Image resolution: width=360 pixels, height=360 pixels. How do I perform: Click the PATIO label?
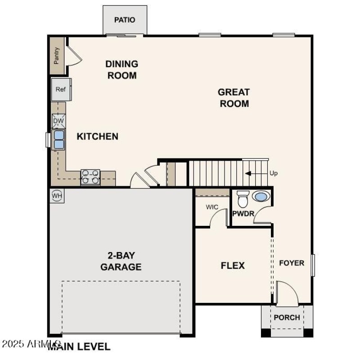(125, 20)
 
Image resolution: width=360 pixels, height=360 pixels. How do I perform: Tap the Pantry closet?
(57, 56)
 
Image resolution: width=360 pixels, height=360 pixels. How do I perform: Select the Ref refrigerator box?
(60, 89)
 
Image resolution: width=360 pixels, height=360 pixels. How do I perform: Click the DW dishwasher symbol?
(58, 121)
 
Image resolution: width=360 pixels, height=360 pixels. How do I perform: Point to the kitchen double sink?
(59, 139)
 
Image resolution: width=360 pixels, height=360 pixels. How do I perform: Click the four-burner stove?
(90, 177)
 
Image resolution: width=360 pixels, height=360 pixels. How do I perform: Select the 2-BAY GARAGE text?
(121, 261)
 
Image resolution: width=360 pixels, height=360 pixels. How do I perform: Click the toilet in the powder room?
(243, 199)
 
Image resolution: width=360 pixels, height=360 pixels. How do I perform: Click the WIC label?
(212, 207)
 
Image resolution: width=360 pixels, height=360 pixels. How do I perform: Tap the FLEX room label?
(233, 265)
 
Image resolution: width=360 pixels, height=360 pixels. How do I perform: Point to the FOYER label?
(292, 263)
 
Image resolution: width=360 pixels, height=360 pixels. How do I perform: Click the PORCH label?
(287, 317)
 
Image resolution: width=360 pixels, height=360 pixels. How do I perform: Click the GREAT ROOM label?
(234, 98)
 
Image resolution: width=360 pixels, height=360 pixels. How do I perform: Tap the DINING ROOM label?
(121, 70)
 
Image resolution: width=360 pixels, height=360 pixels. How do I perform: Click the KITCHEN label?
(97, 136)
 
